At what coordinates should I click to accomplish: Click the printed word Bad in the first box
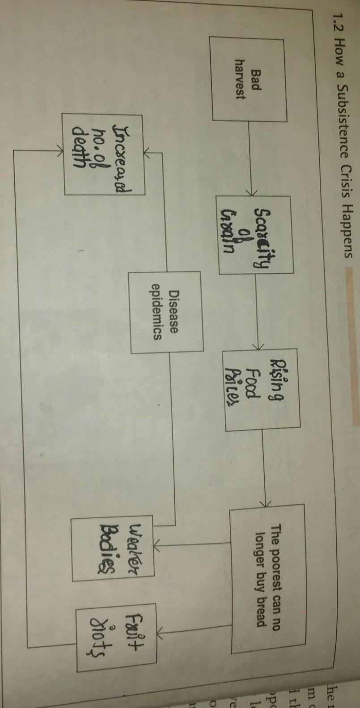(x=255, y=80)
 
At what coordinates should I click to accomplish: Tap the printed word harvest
(x=241, y=80)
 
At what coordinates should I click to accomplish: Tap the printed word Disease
(x=174, y=313)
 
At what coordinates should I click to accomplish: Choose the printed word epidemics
(x=157, y=312)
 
